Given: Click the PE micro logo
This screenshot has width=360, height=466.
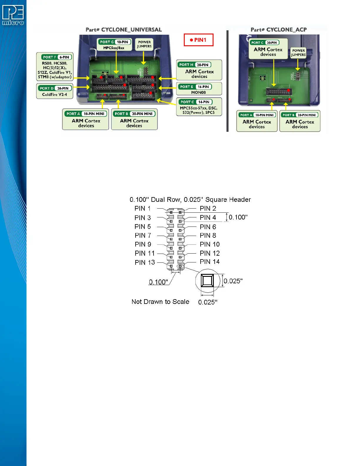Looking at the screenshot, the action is pyautogui.click(x=13, y=15).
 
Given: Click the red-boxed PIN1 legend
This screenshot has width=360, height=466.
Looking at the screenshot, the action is pyautogui.click(x=199, y=40).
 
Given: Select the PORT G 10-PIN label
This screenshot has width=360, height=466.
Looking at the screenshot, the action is pyautogui.click(x=114, y=42).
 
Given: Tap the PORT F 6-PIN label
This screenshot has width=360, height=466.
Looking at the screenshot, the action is pyautogui.click(x=56, y=57).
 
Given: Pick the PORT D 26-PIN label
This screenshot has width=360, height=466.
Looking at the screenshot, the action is pyautogui.click(x=54, y=88).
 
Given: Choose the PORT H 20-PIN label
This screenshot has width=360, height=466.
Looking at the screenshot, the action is pyautogui.click(x=194, y=65).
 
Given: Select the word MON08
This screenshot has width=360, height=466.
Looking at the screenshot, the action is pyautogui.click(x=199, y=92).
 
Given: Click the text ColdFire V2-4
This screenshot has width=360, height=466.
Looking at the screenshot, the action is pyautogui.click(x=54, y=94).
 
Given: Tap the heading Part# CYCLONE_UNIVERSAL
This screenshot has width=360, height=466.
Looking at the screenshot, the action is pyautogui.click(x=124, y=30).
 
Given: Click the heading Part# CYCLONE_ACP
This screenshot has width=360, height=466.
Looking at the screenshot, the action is pyautogui.click(x=279, y=30).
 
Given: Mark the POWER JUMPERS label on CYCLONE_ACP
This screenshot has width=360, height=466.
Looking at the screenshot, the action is pyautogui.click(x=298, y=53).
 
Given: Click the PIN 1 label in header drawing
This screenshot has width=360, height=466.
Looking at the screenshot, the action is pyautogui.click(x=143, y=209).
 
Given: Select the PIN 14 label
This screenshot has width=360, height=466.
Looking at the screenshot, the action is pyautogui.click(x=209, y=262).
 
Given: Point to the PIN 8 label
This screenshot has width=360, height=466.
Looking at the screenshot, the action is pyautogui.click(x=208, y=235).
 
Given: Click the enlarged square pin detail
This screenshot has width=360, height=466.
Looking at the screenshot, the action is pyautogui.click(x=207, y=281).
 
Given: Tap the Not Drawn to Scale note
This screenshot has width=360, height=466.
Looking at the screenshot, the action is pyautogui.click(x=160, y=302).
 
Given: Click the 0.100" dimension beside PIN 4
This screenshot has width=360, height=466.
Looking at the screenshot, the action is pyautogui.click(x=238, y=217).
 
